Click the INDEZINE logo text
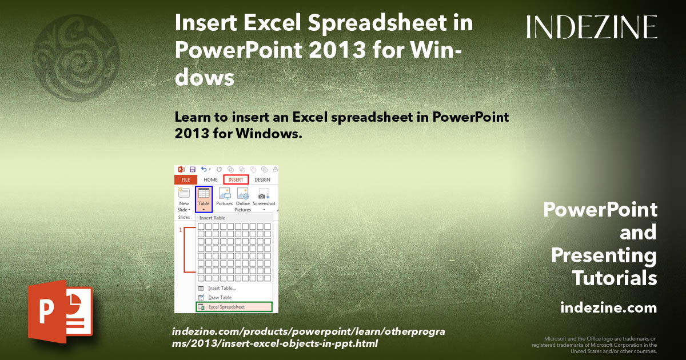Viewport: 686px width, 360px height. [592, 27]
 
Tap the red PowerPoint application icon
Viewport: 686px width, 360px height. [59, 311]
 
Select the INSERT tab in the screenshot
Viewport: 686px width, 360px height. [236, 179]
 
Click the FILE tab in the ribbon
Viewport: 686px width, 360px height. [185, 179]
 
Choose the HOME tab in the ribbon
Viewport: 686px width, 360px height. [210, 179]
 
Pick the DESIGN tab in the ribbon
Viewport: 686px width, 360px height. [262, 179]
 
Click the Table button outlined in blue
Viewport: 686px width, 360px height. [204, 198]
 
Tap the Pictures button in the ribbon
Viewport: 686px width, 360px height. [224, 198]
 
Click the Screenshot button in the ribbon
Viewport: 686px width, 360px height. [264, 198]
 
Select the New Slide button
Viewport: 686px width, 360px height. [184, 199]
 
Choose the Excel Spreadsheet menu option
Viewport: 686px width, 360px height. [234, 307]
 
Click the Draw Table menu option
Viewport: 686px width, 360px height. [220, 298]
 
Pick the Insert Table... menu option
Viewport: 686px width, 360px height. [221, 288]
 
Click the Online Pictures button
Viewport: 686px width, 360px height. [243, 199]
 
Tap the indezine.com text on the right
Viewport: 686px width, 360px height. [608, 308]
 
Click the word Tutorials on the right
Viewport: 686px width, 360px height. [614, 278]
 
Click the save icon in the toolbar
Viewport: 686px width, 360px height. [193, 170]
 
